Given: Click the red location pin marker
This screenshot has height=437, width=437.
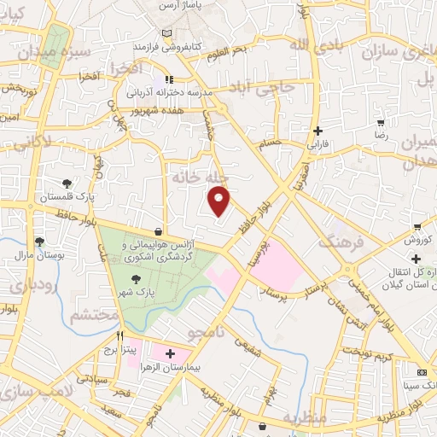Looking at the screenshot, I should [220, 201].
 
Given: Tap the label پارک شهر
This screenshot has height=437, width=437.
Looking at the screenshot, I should [135, 292].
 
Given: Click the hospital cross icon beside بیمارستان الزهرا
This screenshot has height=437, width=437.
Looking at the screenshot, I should [169, 353].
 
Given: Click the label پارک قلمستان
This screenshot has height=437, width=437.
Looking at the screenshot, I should [67, 197].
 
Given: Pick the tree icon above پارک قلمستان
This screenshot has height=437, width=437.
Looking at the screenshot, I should [67, 184].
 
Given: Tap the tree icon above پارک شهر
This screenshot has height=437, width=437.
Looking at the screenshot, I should [135, 278].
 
